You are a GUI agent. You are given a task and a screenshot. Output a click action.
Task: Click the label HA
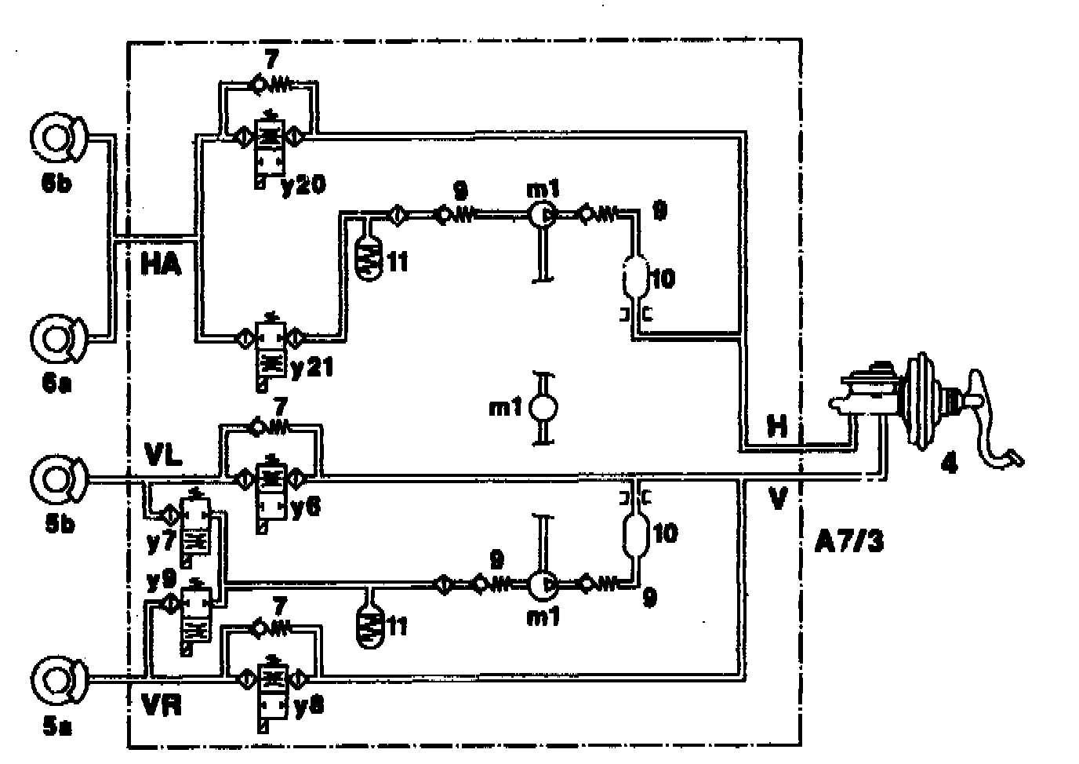(x=161, y=264)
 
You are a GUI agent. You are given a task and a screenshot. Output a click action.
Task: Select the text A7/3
(x=849, y=541)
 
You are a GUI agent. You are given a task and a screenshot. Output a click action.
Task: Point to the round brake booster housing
(x=919, y=401)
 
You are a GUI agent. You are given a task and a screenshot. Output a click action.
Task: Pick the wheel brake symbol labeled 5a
(x=56, y=679)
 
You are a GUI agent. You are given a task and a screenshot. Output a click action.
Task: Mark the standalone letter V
(x=777, y=499)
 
